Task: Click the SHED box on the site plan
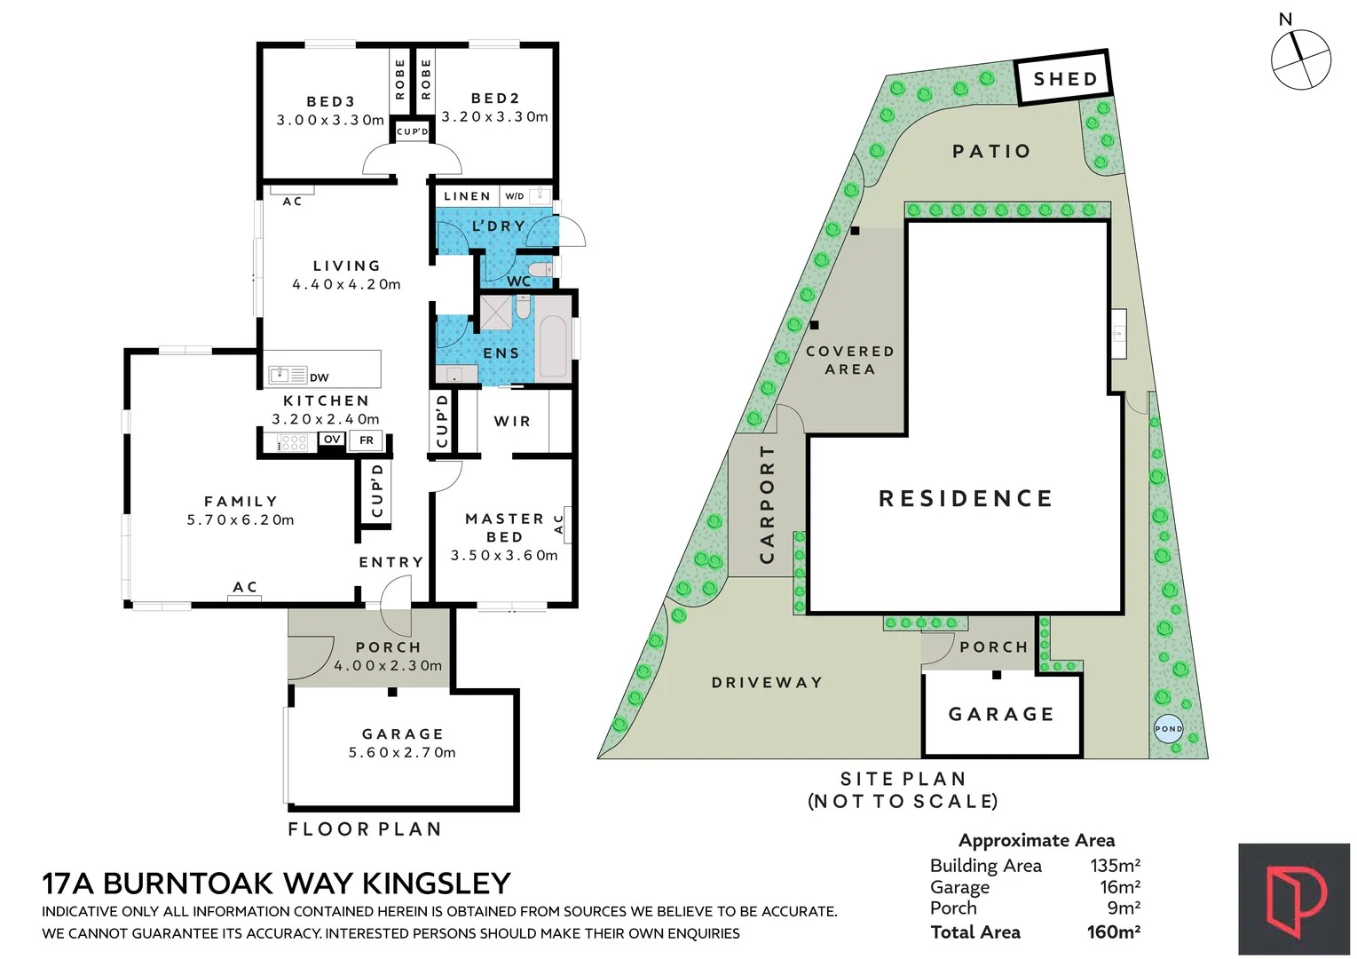(x=1063, y=79)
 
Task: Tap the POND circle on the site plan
(x=1168, y=729)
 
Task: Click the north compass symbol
(x=1300, y=59)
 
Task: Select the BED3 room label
(x=331, y=102)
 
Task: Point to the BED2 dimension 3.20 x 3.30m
(x=495, y=117)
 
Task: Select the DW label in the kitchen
(x=320, y=377)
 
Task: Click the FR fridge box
(x=366, y=440)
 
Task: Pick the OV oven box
(x=332, y=440)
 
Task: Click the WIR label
(x=512, y=422)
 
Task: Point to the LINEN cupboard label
(x=467, y=196)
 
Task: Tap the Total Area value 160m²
(x=1113, y=932)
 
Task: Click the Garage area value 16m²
(x=1119, y=887)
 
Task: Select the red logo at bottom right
(x=1294, y=900)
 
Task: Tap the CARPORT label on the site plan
(x=768, y=503)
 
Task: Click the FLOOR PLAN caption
(x=365, y=829)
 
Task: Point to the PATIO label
(x=991, y=152)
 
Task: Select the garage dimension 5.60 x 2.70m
(x=402, y=753)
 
